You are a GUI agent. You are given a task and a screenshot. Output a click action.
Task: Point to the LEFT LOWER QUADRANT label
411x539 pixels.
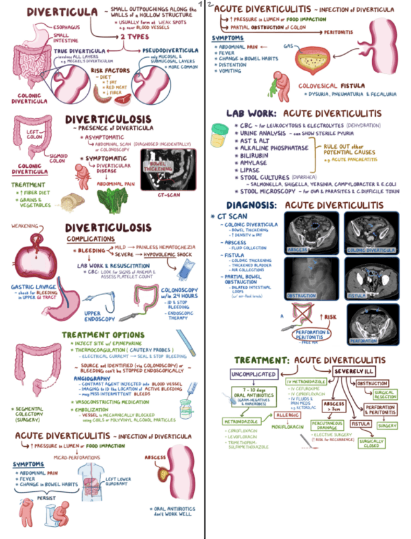click(119, 481)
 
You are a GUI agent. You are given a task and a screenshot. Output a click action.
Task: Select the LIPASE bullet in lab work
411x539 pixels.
click(251, 171)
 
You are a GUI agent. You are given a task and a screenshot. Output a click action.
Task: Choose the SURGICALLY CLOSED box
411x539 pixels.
click(370, 442)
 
